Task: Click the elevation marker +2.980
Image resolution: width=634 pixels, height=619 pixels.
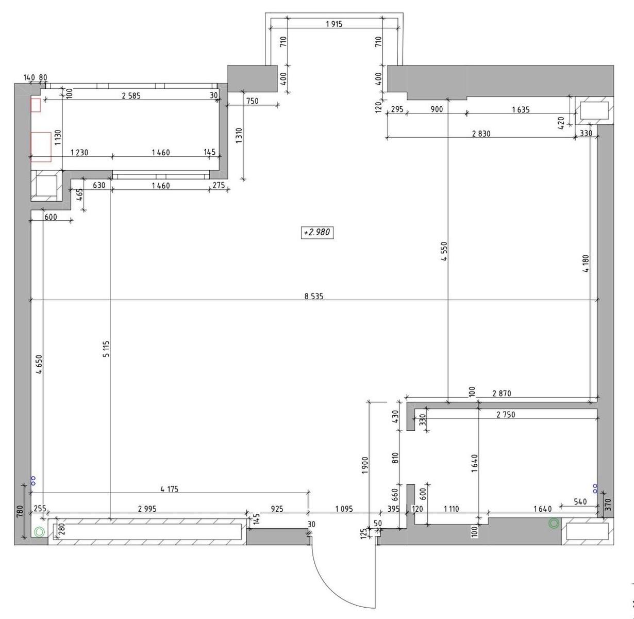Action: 317,233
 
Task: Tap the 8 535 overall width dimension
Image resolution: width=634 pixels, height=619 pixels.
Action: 314,296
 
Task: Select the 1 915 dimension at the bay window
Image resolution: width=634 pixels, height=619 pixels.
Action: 334,24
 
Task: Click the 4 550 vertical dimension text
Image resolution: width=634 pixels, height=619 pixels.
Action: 444,251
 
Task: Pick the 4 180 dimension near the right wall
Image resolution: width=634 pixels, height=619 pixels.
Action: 586,264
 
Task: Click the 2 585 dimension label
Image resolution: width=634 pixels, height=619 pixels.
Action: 131,95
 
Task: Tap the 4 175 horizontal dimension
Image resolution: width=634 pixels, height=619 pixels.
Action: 170,488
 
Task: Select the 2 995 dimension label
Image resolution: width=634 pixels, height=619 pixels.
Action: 147,509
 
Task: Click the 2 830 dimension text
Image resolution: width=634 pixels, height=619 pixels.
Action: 481,133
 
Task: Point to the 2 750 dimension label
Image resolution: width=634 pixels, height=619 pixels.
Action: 506,415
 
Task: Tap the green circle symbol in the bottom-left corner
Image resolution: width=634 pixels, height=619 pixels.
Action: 39,532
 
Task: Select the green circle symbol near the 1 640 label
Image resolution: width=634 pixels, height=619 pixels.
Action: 554,524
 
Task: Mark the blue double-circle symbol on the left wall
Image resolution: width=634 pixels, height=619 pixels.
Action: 33,481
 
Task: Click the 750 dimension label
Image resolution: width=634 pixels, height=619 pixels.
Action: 252,101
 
